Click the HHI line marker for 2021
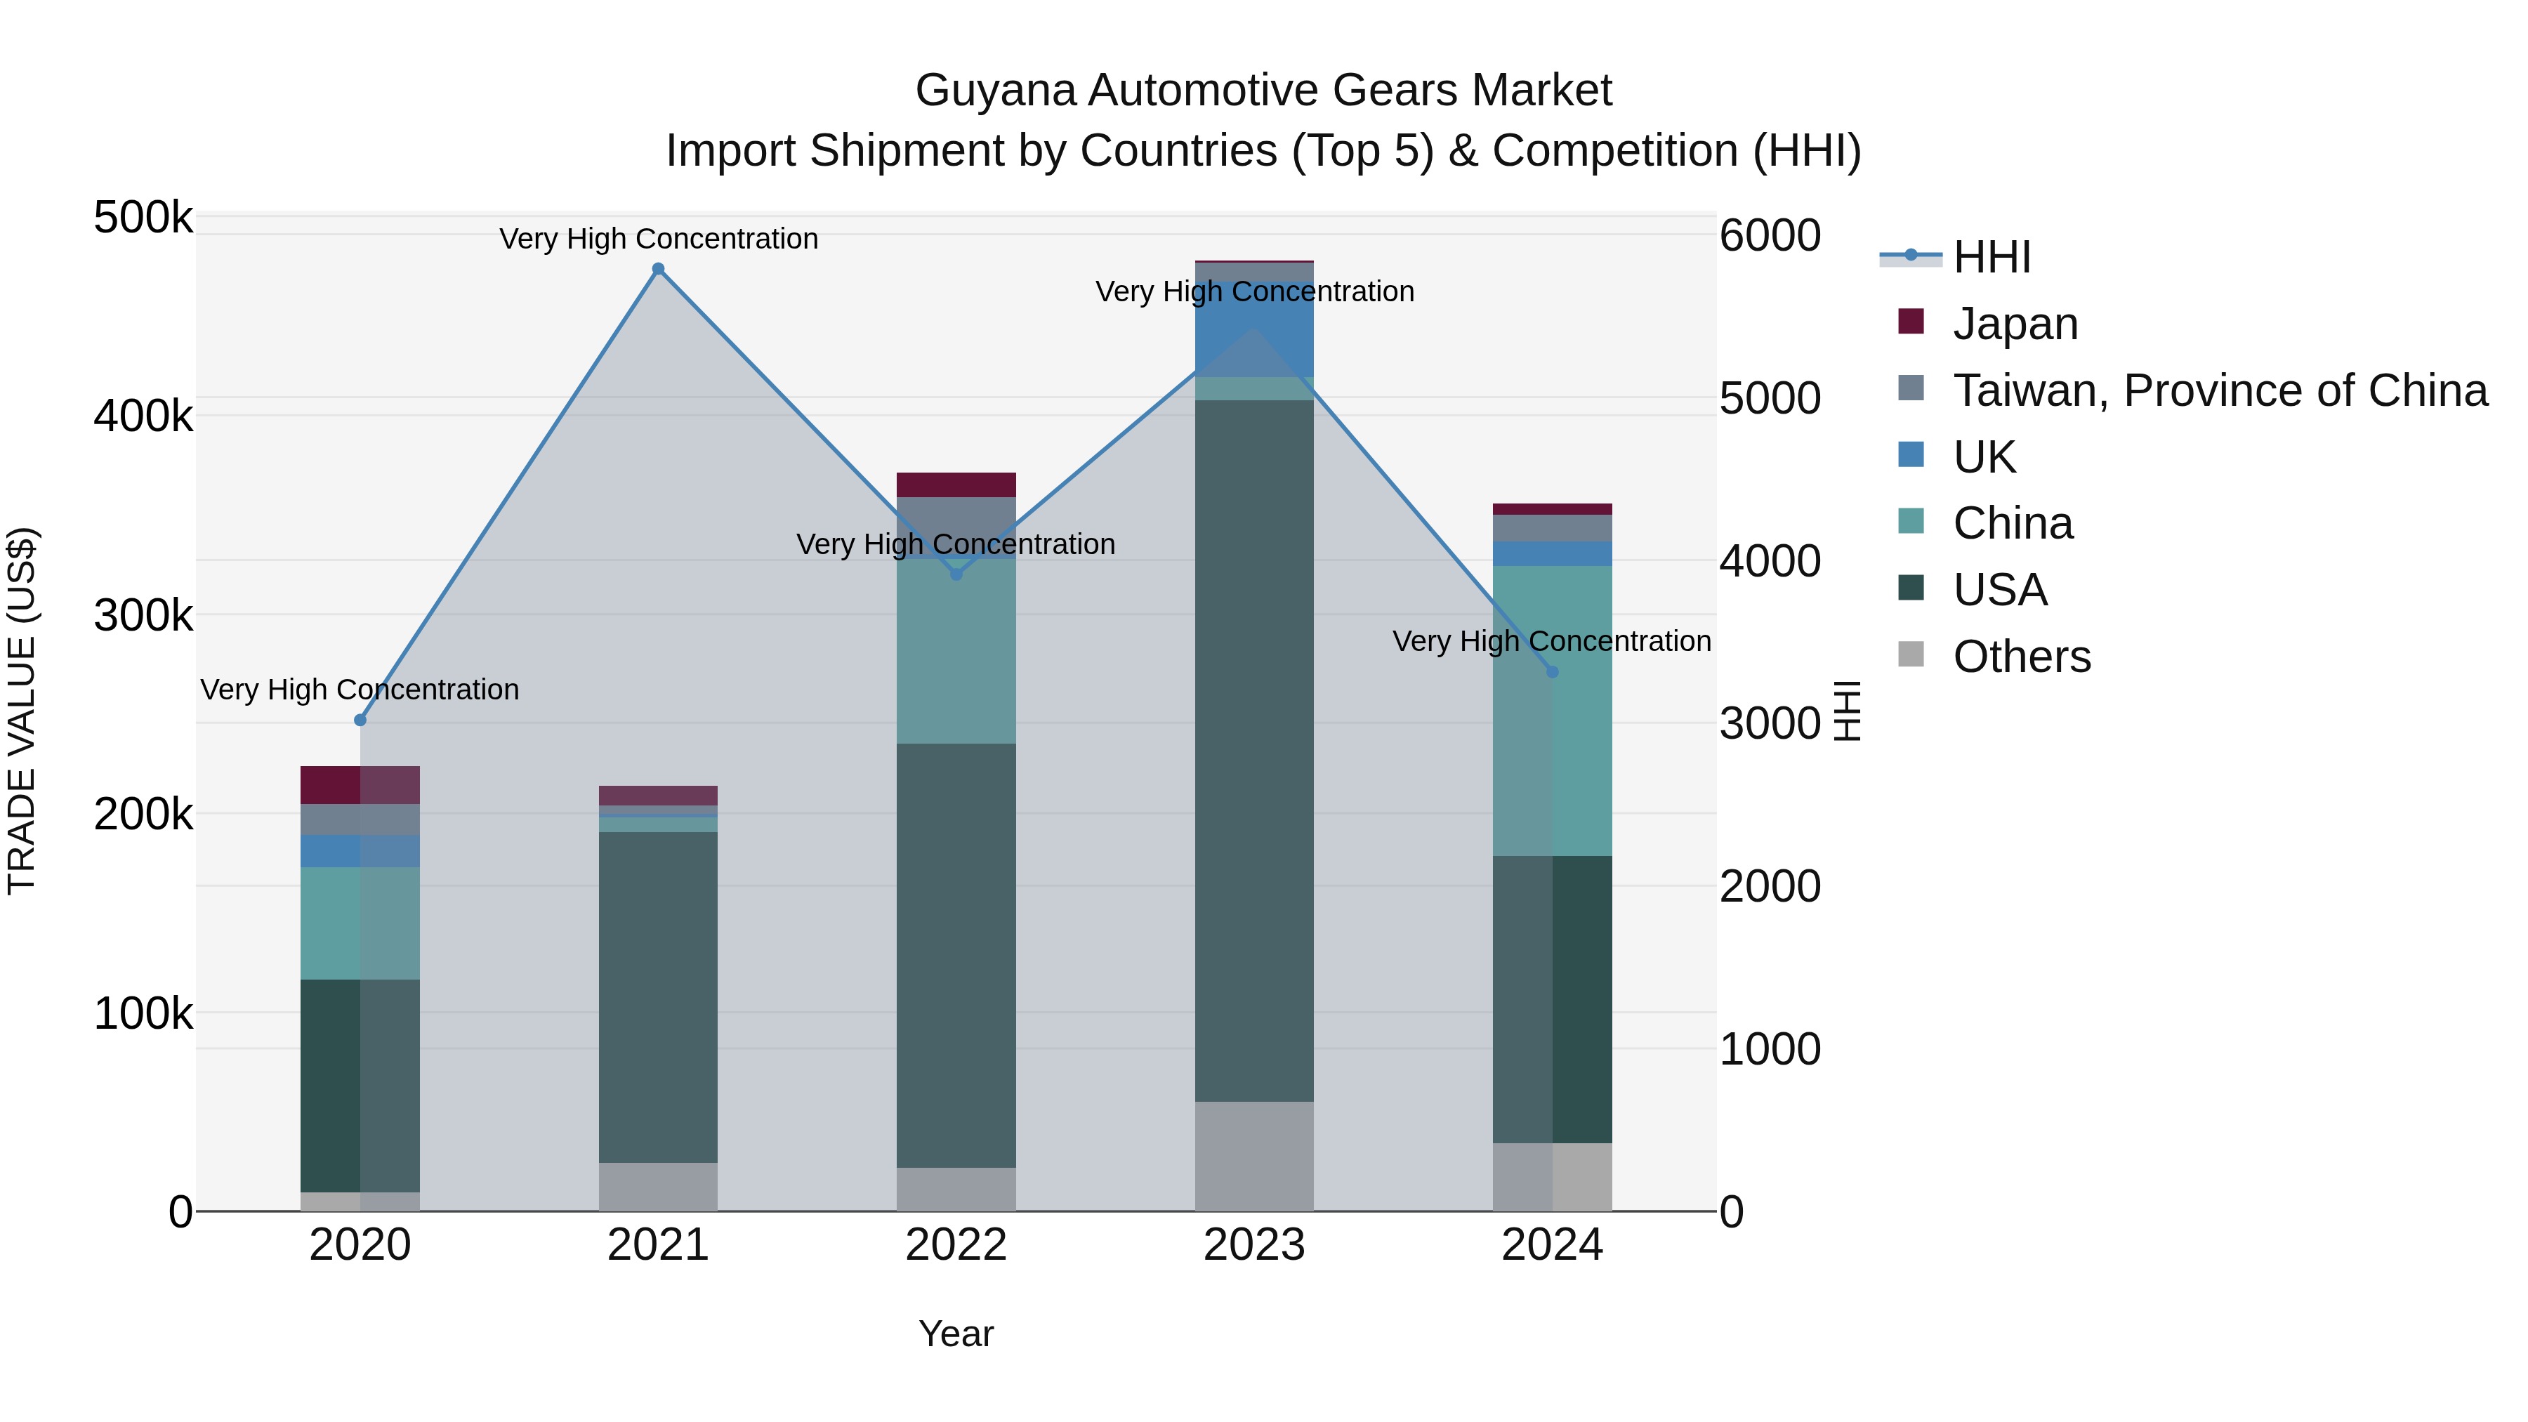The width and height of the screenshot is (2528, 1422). [659, 269]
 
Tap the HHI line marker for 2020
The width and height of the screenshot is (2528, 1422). [360, 720]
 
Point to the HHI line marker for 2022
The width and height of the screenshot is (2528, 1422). [957, 574]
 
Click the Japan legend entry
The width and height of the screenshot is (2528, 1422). [2015, 324]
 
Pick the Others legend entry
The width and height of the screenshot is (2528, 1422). [2022, 657]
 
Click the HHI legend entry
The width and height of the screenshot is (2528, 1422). [1992, 257]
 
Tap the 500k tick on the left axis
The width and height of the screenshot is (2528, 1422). [143, 217]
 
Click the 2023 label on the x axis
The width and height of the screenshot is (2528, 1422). [1254, 1245]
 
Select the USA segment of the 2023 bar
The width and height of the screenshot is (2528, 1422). [1254, 751]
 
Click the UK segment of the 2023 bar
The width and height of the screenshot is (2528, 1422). [1254, 329]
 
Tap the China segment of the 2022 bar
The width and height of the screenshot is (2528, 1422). [957, 647]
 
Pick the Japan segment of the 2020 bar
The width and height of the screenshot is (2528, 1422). [360, 785]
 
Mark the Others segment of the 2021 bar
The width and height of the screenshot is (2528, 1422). [659, 1187]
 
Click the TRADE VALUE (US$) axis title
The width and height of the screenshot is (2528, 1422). [22, 711]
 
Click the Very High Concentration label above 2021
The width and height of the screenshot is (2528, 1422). [659, 239]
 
